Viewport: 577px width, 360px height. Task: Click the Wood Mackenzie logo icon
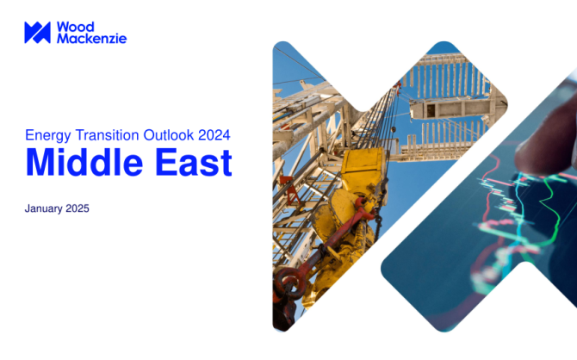[38, 33]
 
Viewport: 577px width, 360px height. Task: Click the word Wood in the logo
[76, 27]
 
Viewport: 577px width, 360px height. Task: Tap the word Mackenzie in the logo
[91, 38]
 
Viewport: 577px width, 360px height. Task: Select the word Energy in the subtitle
[48, 135]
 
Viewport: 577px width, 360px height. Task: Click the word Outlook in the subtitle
[169, 135]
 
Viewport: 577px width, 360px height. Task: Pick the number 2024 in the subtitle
[214, 135]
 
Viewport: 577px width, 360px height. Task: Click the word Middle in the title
[84, 162]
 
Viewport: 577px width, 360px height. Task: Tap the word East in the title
[194, 162]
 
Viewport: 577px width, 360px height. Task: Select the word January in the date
[43, 208]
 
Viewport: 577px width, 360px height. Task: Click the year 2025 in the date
[78, 208]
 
